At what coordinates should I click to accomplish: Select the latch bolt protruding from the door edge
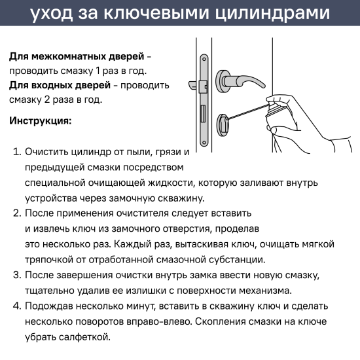tap(194, 84)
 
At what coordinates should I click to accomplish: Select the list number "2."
tap(18, 214)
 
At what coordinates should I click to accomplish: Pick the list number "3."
tap(18, 276)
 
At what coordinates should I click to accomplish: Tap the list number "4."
tap(18, 306)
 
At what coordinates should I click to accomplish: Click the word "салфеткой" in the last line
tap(88, 337)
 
